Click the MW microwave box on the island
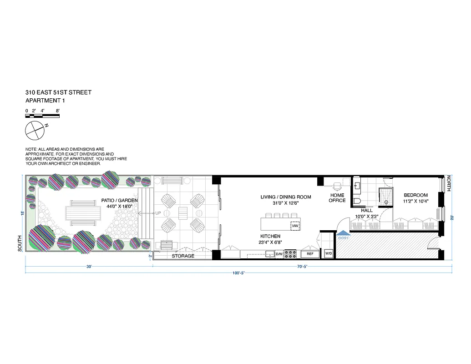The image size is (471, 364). (295, 226)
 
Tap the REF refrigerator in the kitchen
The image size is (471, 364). (310, 254)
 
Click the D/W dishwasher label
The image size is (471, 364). (279, 254)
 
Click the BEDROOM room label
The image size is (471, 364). (415, 195)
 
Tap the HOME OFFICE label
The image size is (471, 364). (338, 198)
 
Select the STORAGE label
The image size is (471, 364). (183, 256)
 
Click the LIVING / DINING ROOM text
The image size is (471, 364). (285, 197)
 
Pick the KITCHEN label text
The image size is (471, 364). (270, 237)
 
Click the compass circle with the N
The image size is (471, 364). (35, 131)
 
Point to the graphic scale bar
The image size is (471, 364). (43, 116)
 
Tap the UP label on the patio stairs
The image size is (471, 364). (157, 213)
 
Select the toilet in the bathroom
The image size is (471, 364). (357, 201)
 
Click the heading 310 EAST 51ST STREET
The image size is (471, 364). (58, 92)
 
